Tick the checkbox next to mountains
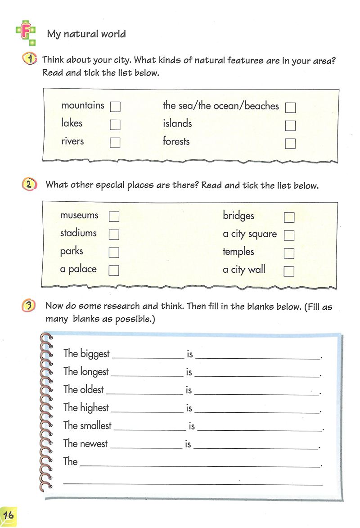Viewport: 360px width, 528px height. pos(115,107)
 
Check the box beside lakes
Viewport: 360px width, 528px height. pos(115,125)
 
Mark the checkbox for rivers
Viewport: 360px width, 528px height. pos(115,143)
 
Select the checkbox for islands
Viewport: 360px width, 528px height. pos(290,125)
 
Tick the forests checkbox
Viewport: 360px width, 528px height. pos(290,143)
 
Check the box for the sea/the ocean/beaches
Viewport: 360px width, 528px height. pos(290,108)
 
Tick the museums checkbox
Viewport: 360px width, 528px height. pos(114,217)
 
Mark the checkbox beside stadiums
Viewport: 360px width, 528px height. pos(114,235)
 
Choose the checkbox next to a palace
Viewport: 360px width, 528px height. pos(114,270)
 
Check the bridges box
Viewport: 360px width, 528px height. pos(289,217)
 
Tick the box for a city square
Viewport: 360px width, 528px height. pos(289,235)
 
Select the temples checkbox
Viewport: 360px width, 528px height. pos(289,253)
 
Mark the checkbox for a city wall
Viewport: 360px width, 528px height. pos(289,271)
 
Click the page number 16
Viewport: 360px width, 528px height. pos(8,514)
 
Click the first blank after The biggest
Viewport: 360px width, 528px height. pos(148,356)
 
